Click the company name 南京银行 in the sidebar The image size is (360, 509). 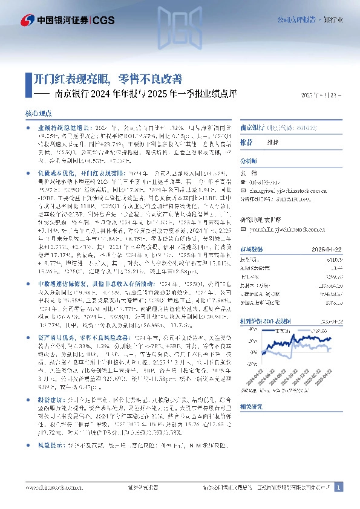pyautogui.click(x=252, y=128)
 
